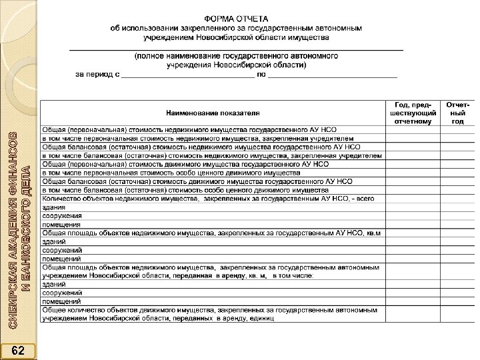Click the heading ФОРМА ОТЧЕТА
237,20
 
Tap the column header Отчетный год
457,113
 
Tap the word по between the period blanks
262,75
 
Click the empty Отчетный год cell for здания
457,207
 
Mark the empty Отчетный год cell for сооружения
457,215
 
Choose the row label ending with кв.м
213,233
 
